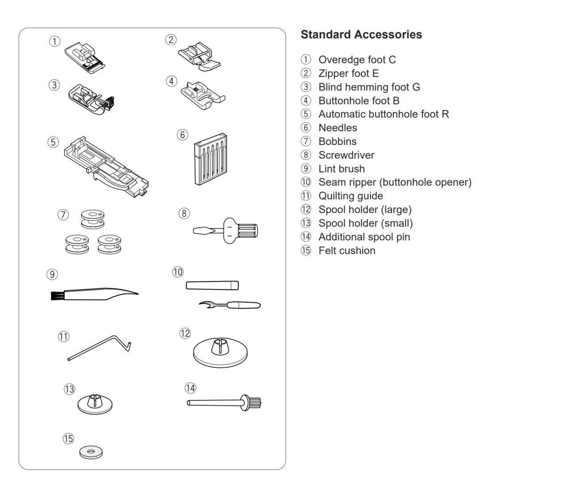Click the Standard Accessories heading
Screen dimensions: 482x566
pyautogui.click(x=361, y=34)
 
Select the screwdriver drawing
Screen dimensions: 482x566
pyautogui.click(x=226, y=230)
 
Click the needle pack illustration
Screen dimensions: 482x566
pyautogui.click(x=210, y=159)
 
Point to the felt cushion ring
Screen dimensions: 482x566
pyautogui.click(x=92, y=452)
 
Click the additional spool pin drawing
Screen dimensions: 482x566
pyautogui.click(x=224, y=403)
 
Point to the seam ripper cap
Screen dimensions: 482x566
pyautogui.click(x=212, y=285)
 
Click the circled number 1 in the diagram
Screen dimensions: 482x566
pyautogui.click(x=54, y=42)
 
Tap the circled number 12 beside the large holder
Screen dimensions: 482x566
pyautogui.click(x=185, y=333)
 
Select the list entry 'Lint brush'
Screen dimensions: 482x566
pyautogui.click(x=341, y=169)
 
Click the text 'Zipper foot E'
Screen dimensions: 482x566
pyautogui.click(x=348, y=73)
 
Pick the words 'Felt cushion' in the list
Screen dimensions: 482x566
pyautogui.click(x=347, y=251)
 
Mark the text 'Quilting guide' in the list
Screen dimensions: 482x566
pyautogui.click(x=351, y=196)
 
